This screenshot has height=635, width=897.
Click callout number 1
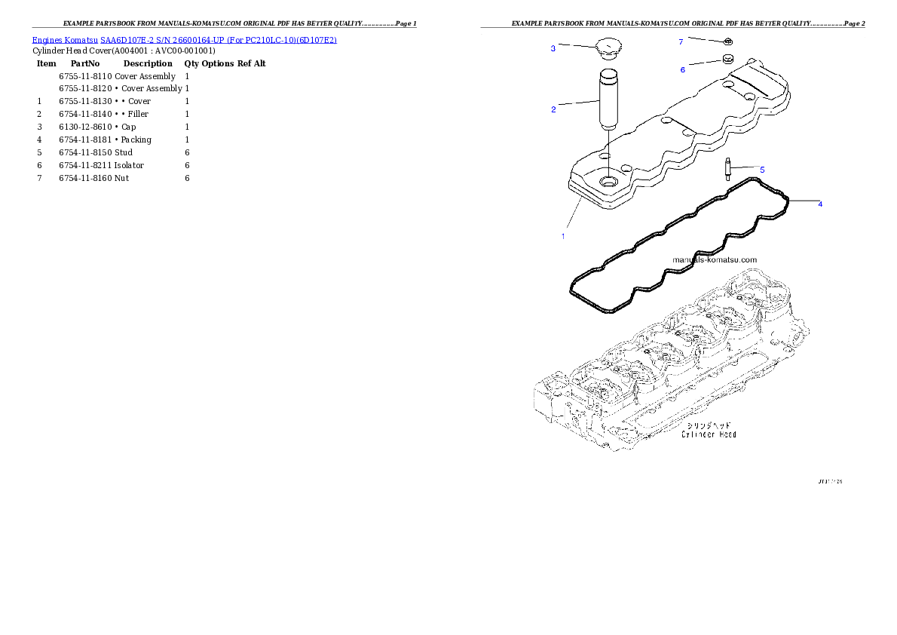[562, 236]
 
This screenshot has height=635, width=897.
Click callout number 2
[553, 109]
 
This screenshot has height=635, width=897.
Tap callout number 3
[553, 48]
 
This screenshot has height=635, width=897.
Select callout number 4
[820, 204]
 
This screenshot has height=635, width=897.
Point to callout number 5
[761, 170]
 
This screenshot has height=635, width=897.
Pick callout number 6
[683, 69]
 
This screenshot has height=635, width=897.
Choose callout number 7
[681, 41]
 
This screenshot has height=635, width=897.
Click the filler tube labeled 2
[608, 99]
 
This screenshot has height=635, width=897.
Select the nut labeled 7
[728, 41]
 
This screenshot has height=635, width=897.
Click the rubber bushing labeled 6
[728, 59]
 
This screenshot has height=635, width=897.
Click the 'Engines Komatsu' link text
[66, 39]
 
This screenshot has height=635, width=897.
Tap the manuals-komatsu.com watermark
[714, 259]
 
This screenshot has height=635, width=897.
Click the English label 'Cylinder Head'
[709, 434]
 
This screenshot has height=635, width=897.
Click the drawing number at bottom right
[830, 480]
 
